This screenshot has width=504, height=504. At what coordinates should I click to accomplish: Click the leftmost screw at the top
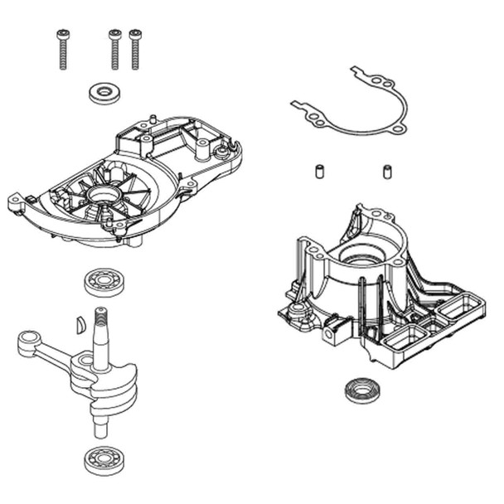63,50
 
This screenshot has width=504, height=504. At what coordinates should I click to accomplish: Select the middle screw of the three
114,50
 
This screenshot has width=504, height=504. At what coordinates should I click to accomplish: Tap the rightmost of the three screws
135,50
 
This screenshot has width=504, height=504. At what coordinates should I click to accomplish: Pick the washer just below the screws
104,91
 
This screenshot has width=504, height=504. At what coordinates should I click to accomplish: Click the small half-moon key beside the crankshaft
80,323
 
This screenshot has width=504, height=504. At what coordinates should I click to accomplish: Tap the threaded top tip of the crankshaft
101,316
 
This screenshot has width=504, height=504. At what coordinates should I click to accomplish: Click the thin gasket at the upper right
356,108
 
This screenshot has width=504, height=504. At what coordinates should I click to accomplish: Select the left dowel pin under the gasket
317,172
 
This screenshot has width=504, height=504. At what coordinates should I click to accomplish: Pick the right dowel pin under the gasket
386,172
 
